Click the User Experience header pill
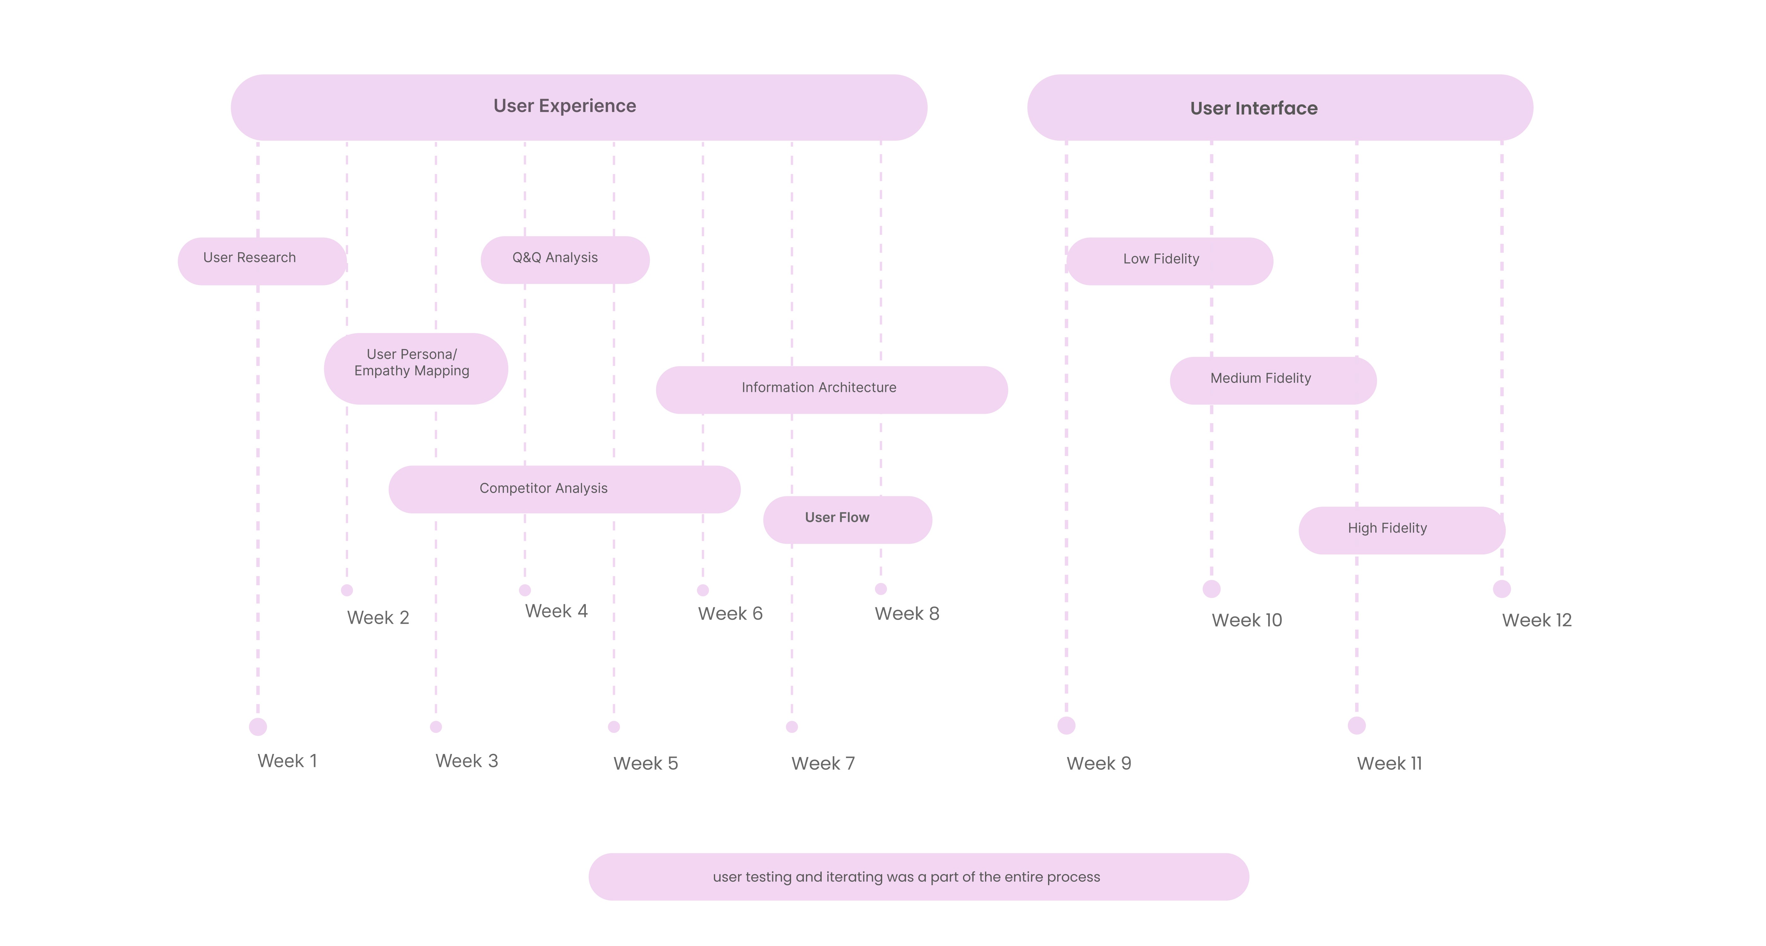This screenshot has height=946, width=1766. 579,108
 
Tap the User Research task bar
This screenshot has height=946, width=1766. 262,261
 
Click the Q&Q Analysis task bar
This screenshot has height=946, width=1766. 565,260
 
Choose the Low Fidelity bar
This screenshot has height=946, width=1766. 1169,261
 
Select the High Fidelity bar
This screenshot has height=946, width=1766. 1401,530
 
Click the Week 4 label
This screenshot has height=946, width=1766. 556,611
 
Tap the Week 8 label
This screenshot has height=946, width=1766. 906,614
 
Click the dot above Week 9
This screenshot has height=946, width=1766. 1066,725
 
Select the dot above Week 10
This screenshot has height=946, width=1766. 1211,589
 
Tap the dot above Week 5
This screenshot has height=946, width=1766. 614,727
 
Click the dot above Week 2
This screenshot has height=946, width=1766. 347,590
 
